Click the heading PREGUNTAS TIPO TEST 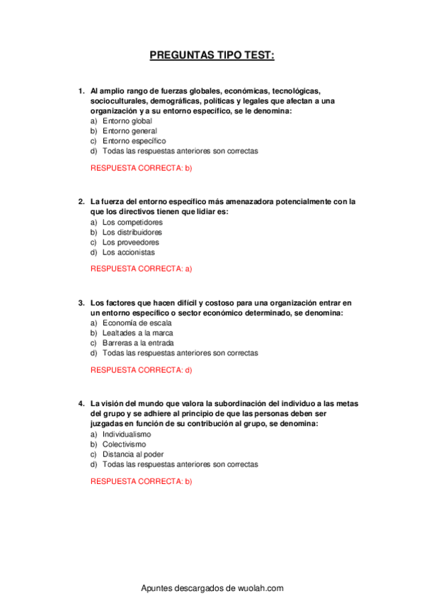pos(212,55)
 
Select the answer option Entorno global pos(127,121)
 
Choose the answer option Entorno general pos(130,131)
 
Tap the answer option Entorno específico pos(134,141)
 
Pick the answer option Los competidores pos(132,223)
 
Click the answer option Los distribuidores pos(132,232)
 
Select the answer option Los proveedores pos(130,242)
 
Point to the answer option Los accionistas pos(128,252)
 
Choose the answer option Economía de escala pos(137,323)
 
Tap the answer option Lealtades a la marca pos(137,333)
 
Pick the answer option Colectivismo pos(125,444)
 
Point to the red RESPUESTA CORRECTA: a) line pos(142,269)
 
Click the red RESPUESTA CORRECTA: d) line pos(142,370)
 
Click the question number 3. pos(81,303)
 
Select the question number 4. pos(81,404)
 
